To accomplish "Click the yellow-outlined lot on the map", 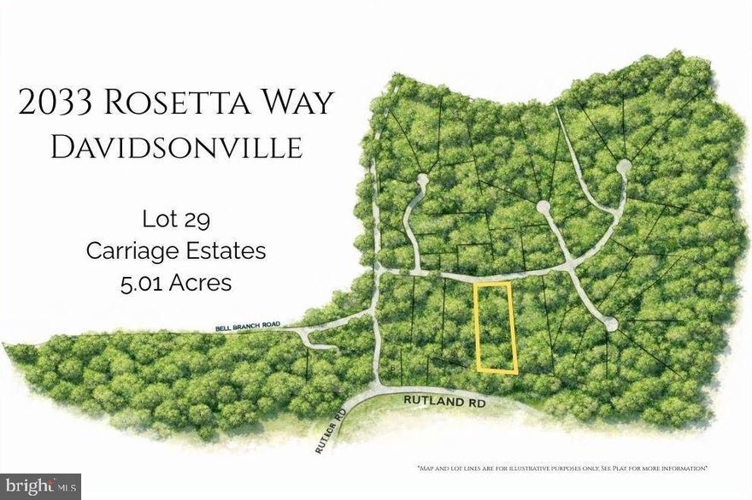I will click(496, 328).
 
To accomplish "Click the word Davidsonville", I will click(176, 148).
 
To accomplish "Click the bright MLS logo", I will click(41, 486).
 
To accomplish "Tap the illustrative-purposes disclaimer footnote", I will click(561, 468).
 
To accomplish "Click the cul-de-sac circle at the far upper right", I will click(624, 166).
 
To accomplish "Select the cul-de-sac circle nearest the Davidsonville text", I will click(420, 180).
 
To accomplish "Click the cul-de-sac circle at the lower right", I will click(610, 324).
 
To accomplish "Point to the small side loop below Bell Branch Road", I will click(317, 341).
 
